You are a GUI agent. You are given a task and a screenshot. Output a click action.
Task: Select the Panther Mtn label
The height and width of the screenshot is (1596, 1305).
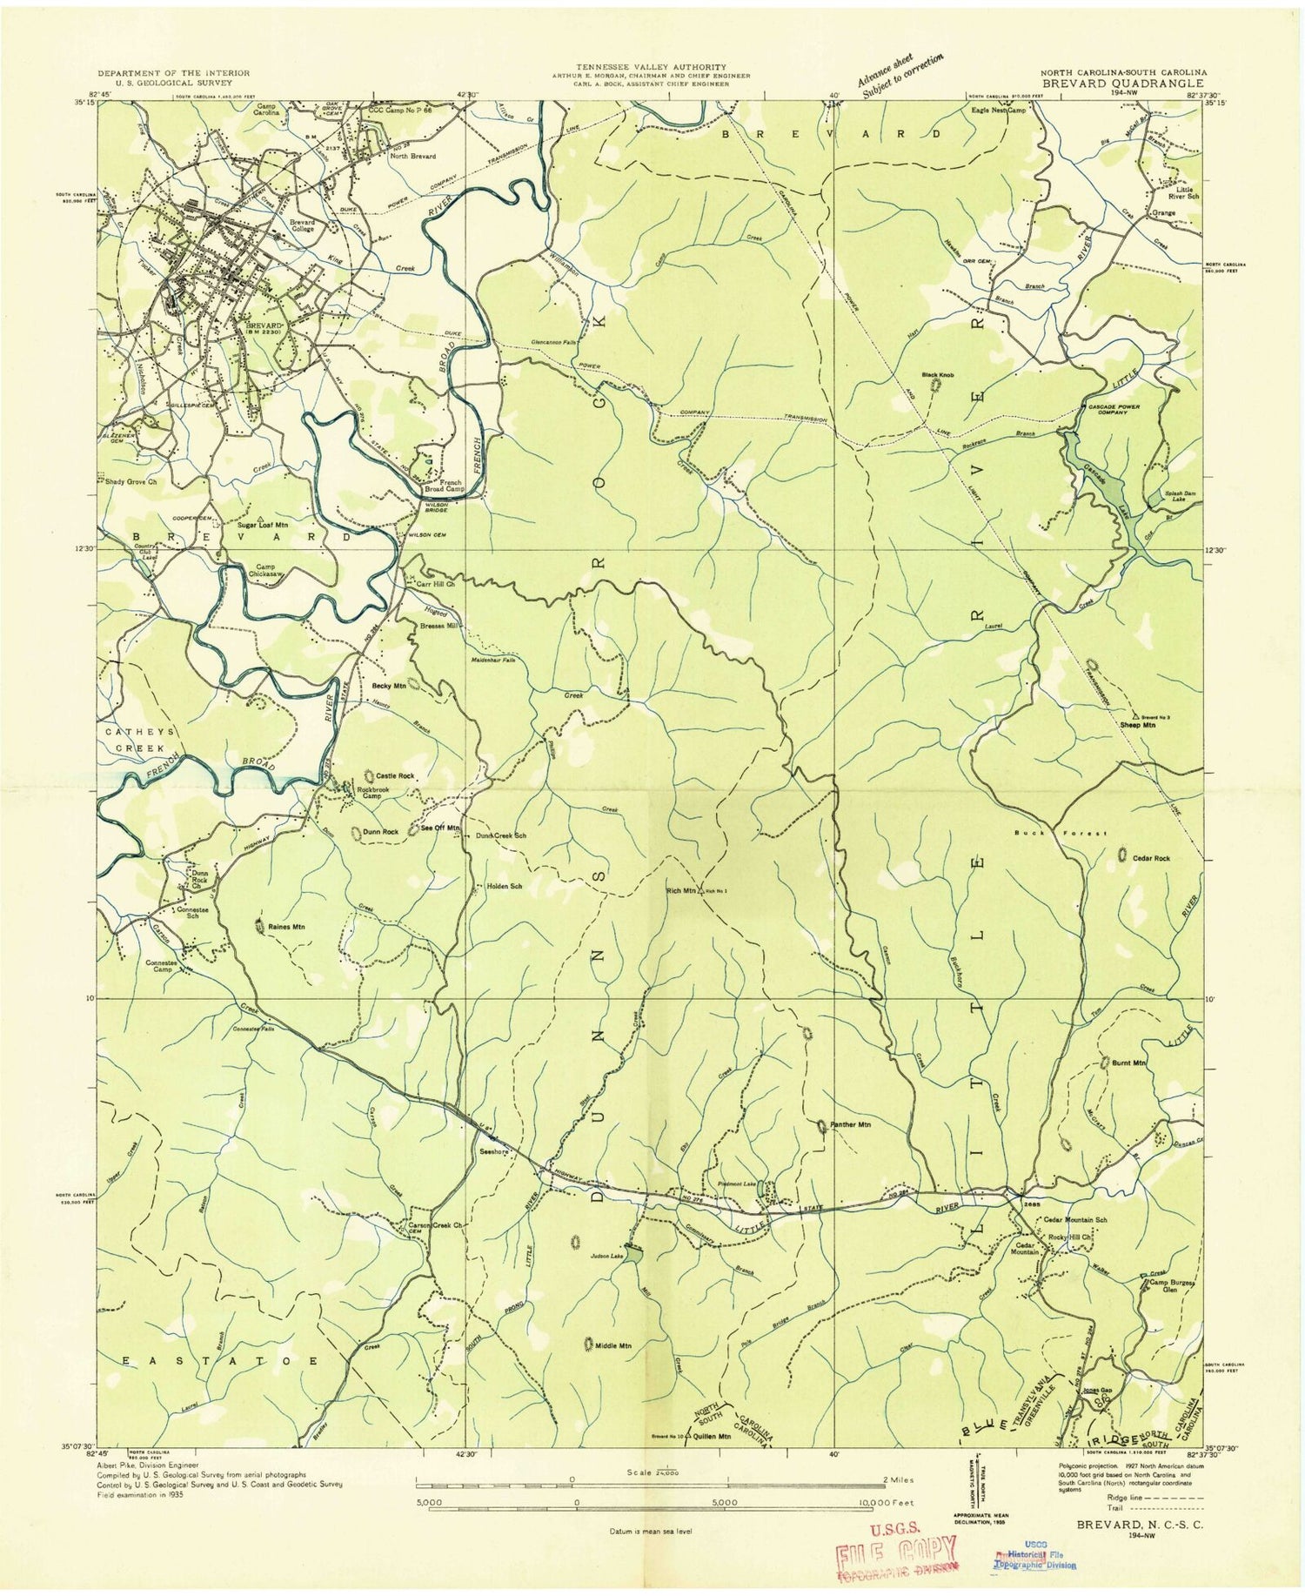pyautogui.click(x=849, y=1124)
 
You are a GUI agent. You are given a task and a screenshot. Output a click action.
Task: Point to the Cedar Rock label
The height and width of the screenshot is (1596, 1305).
pyautogui.click(x=1151, y=858)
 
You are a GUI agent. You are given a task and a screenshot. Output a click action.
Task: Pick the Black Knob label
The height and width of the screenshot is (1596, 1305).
pyautogui.click(x=939, y=375)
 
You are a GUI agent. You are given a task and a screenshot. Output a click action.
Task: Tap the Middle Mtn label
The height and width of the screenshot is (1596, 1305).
pyautogui.click(x=613, y=1346)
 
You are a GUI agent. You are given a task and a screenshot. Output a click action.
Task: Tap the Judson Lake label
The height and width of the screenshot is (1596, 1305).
pyautogui.click(x=606, y=1255)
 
